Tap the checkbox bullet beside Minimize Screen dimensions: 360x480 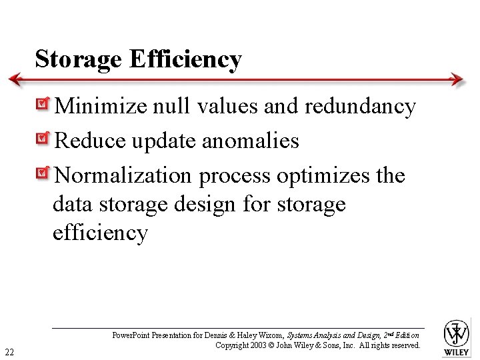(43, 105)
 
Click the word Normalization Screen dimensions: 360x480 (123, 175)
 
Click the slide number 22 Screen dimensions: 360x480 (11, 351)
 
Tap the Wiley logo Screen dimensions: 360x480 (457, 337)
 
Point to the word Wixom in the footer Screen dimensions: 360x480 (270, 335)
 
